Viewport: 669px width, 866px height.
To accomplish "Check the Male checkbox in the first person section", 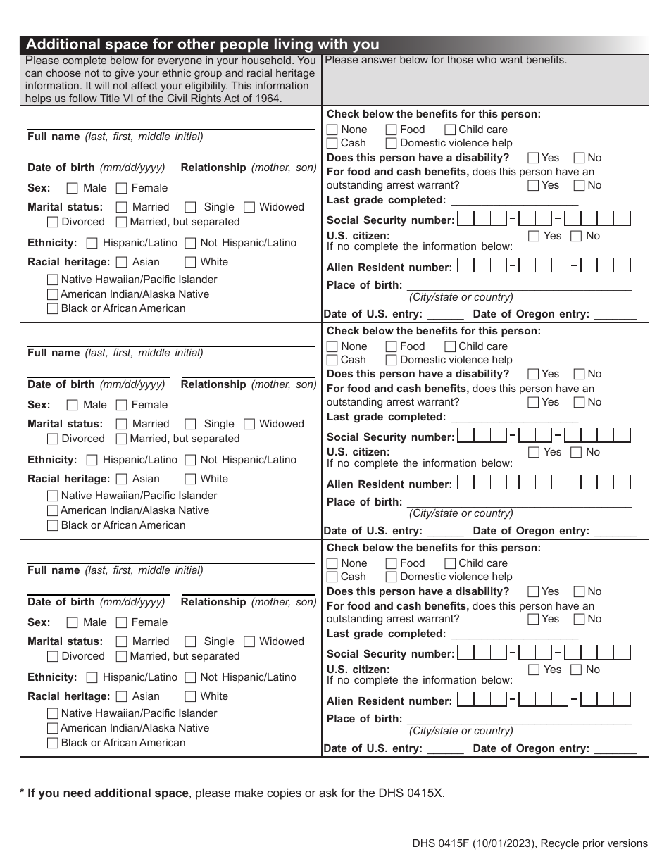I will [x=72, y=188].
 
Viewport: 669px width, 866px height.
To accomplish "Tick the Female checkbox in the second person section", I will [x=121, y=405].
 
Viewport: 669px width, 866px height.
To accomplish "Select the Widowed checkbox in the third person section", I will [x=249, y=641].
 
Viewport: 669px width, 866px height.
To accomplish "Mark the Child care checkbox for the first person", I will [x=449, y=130].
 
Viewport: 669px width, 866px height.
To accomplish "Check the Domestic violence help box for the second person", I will [x=391, y=360].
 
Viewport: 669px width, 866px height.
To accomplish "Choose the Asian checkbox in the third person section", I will [x=121, y=696].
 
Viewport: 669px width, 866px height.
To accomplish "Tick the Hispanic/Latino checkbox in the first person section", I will [x=92, y=243].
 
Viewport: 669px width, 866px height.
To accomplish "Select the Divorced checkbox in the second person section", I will [x=52, y=439].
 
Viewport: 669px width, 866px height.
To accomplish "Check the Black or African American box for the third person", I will [x=52, y=743].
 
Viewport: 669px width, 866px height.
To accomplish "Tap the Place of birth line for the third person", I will [x=518, y=718].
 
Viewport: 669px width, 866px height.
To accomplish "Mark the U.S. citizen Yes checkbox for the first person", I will [x=534, y=236].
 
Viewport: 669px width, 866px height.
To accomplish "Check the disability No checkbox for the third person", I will [x=579, y=591].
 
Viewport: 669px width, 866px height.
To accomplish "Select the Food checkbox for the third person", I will [x=391, y=563].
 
